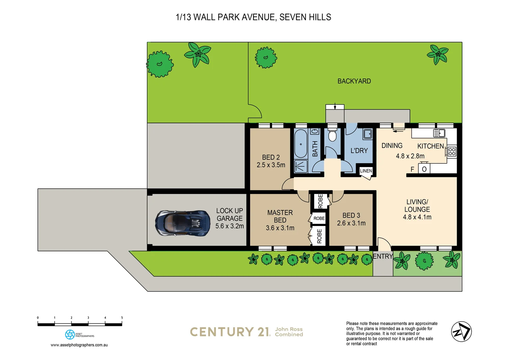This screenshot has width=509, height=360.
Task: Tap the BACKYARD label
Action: tap(354, 81)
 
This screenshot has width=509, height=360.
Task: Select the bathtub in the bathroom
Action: tap(301, 144)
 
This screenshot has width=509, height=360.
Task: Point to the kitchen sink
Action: tap(439, 133)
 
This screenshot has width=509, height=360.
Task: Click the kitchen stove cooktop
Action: tap(452, 152)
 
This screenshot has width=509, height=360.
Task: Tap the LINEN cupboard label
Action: tap(366, 171)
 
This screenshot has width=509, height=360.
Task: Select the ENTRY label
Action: tap(383, 256)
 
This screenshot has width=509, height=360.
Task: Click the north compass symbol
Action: tap(461, 332)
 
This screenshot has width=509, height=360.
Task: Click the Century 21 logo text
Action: tap(230, 332)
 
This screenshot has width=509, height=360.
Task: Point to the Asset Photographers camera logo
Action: tap(70, 334)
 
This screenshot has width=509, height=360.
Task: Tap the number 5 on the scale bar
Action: tap(122, 318)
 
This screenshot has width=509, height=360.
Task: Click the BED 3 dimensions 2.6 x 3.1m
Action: tap(351, 223)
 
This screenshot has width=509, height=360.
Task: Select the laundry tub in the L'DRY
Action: tap(367, 134)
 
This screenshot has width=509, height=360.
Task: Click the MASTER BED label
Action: tap(280, 216)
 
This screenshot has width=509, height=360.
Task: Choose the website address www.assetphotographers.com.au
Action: tap(79, 345)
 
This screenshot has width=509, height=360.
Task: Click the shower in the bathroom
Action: tap(301, 166)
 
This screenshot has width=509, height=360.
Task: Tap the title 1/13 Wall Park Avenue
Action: tap(253, 17)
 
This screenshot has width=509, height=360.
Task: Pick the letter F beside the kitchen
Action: tap(412, 169)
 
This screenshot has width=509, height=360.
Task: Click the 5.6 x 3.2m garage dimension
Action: tap(230, 226)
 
